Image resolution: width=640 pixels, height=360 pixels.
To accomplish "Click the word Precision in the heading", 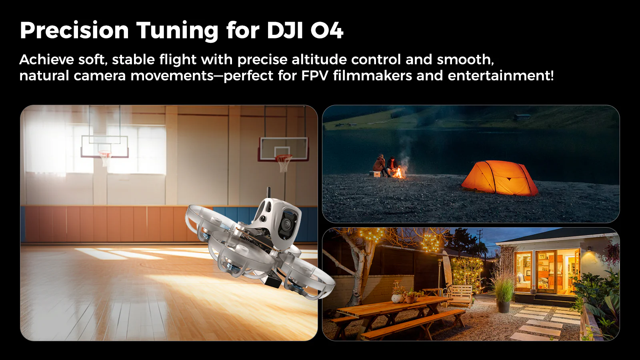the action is point(74,30).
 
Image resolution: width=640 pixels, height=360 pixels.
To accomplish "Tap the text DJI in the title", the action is point(285,30).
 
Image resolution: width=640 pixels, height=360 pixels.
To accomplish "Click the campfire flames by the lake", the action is point(399,172).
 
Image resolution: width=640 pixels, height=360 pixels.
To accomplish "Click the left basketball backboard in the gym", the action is point(104,146).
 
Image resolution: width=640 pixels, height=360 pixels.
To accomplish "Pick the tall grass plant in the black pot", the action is point(504,288).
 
